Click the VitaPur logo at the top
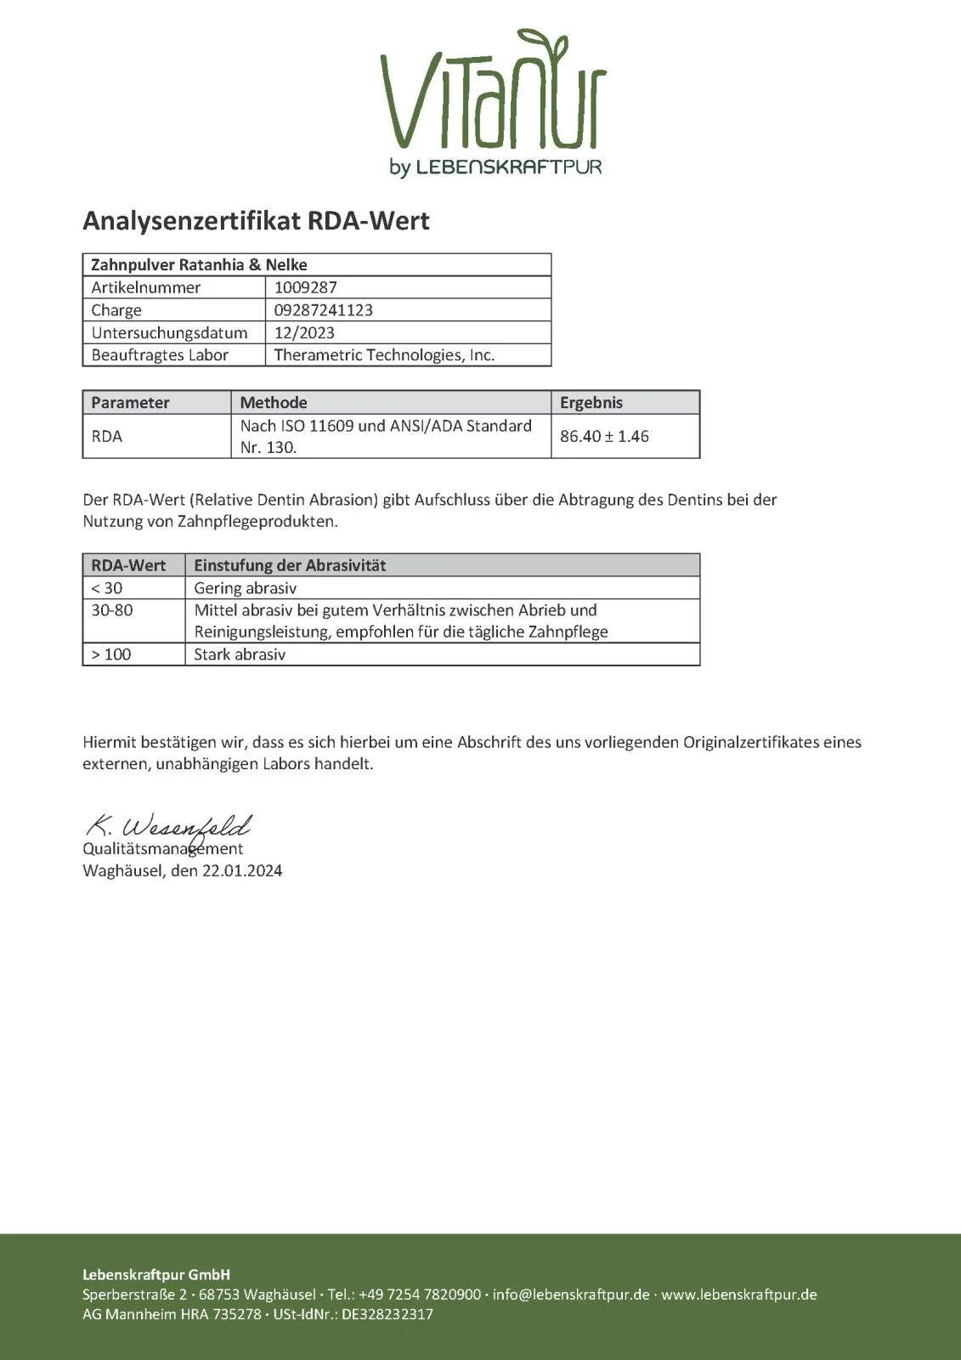pyautogui.click(x=494, y=102)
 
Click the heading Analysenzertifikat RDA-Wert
pyautogui.click(x=256, y=221)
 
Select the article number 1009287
pyautogui.click(x=306, y=287)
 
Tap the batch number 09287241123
pyautogui.click(x=323, y=310)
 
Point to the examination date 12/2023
pyautogui.click(x=304, y=332)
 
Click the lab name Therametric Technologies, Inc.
pyautogui.click(x=384, y=355)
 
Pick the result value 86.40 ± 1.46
pyautogui.click(x=604, y=436)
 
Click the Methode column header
pyautogui.click(x=274, y=403)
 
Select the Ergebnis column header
pyautogui.click(x=591, y=403)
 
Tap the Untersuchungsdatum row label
pyautogui.click(x=169, y=332)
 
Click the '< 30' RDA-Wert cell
pyautogui.click(x=107, y=588)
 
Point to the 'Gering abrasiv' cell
pyautogui.click(x=245, y=588)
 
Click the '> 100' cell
pyautogui.click(x=111, y=654)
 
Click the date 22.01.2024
pyautogui.click(x=242, y=870)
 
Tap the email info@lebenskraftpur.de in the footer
pyautogui.click(x=571, y=1295)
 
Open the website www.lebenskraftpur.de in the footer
pyautogui.click(x=739, y=1295)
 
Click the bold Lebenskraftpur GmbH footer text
pyautogui.click(x=156, y=1274)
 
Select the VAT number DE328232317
pyautogui.click(x=387, y=1314)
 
